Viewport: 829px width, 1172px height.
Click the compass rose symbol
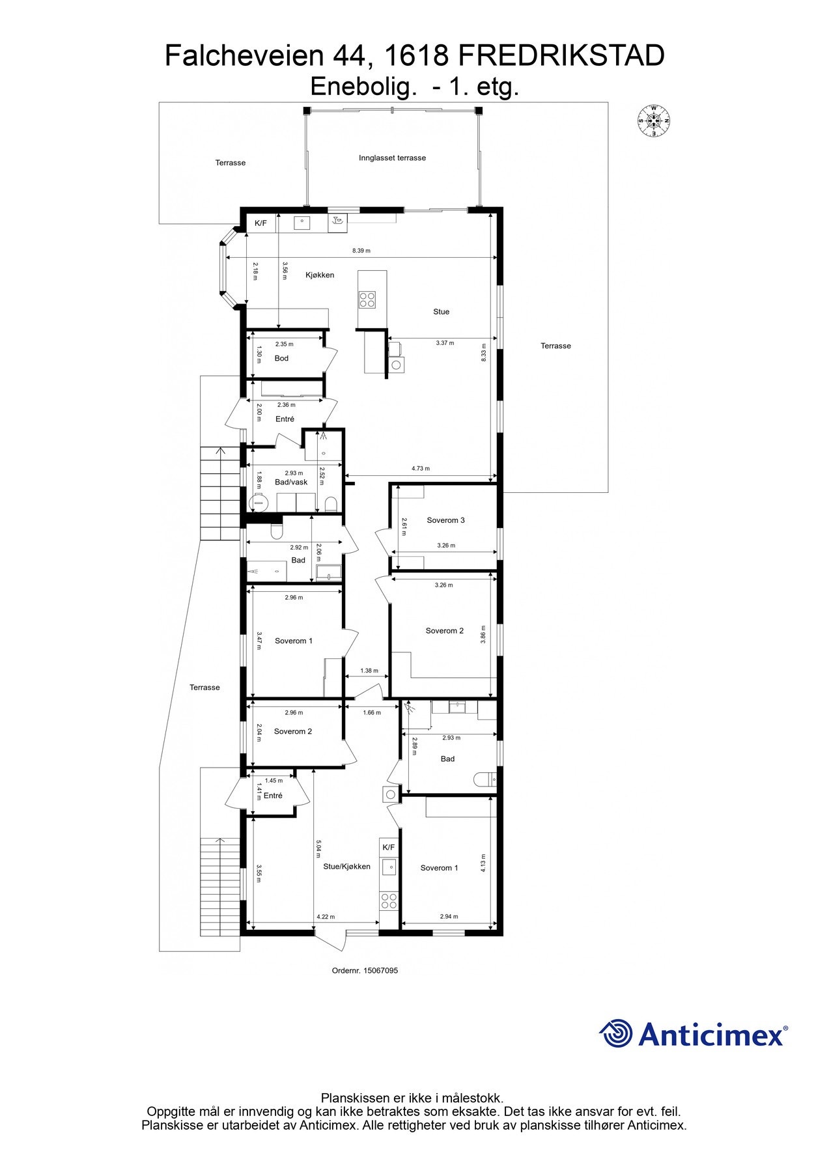653,120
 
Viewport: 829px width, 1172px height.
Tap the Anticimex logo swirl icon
615,1033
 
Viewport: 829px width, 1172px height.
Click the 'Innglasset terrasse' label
392,158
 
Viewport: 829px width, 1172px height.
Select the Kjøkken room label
320,275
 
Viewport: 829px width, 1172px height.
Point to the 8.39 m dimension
361,251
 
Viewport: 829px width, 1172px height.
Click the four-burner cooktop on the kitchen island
367,299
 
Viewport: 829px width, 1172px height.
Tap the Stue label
441,312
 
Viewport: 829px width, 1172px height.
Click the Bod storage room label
281,359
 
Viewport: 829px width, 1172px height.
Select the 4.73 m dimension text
420,469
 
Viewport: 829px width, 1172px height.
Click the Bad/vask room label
291,482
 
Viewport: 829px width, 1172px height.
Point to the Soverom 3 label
445,520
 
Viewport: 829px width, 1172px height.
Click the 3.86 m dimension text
483,634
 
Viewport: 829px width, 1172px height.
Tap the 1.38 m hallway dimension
369,671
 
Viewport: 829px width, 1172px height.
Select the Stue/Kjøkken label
346,867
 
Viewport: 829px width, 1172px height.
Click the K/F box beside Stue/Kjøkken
389,848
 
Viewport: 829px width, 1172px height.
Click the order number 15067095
365,971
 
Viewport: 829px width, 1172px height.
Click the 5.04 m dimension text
318,852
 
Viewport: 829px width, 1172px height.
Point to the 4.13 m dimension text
483,863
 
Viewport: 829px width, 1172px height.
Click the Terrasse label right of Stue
555,346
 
